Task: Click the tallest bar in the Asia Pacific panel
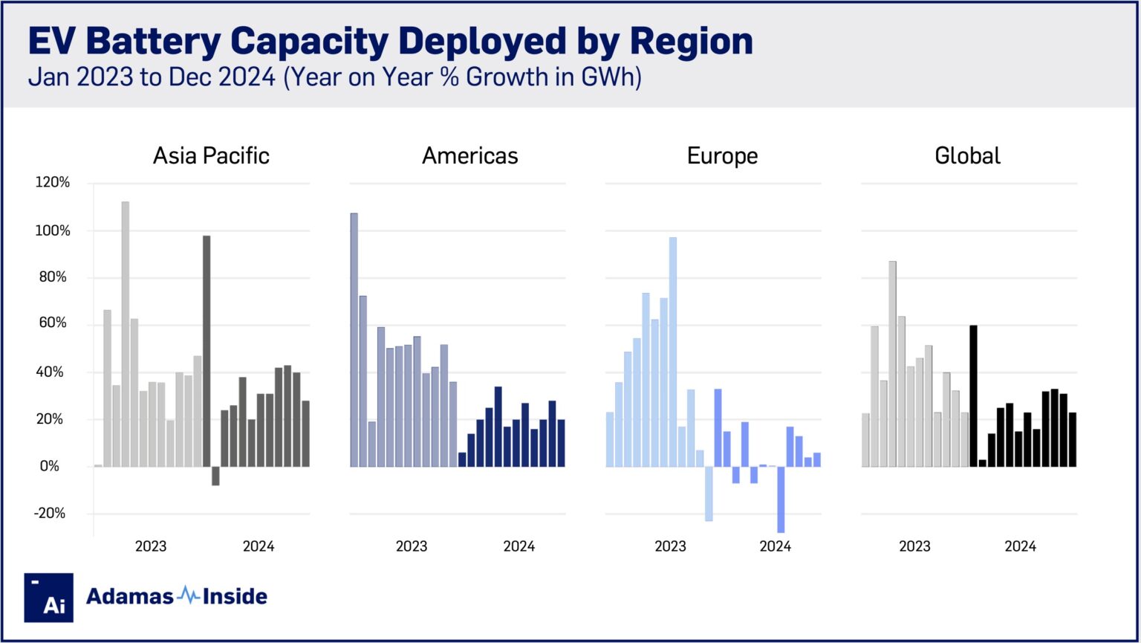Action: tap(126, 335)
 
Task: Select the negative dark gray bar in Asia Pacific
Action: tap(215, 476)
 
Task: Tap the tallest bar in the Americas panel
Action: tap(354, 340)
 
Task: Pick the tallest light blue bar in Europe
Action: tap(673, 352)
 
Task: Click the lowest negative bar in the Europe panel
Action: tap(781, 500)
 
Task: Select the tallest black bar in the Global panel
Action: tap(973, 396)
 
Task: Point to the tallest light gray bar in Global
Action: tap(892, 364)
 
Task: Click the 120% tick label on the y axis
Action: tap(52, 183)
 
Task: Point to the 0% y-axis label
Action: tap(49, 467)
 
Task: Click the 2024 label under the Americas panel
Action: tap(519, 547)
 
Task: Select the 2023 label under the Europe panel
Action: tap(670, 547)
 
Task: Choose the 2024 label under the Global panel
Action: tap(1020, 547)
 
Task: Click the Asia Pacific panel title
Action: tap(211, 156)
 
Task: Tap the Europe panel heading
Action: tap(722, 156)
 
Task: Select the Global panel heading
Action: tap(967, 156)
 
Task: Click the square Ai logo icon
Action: tap(49, 597)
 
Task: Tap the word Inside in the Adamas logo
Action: tap(235, 596)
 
